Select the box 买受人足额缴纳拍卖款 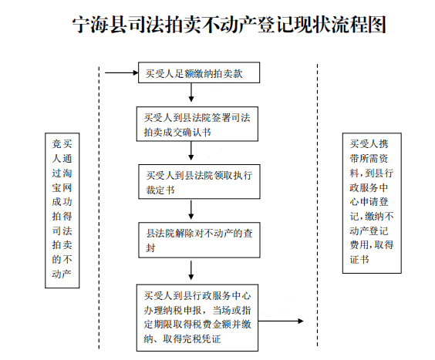click(200, 74)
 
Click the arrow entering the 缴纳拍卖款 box click(122, 74)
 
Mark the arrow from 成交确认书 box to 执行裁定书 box click(191, 153)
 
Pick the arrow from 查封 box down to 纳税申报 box click(191, 271)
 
